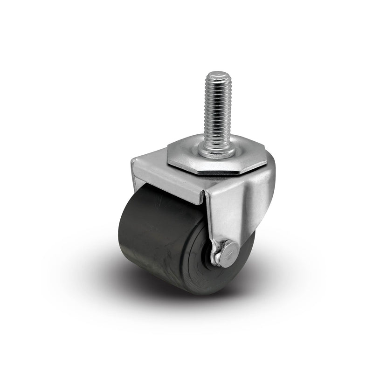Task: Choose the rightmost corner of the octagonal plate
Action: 267,161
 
